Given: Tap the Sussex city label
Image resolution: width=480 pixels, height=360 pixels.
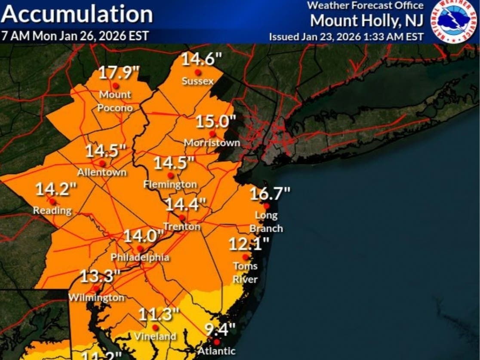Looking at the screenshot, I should (197, 81).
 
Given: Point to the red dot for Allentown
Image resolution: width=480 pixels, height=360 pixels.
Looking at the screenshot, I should (102, 163).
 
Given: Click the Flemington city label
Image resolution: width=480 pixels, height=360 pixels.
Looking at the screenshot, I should (170, 185).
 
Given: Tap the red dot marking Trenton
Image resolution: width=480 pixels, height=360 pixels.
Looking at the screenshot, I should (182, 217).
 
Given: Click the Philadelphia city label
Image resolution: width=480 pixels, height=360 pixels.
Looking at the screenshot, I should (140, 258).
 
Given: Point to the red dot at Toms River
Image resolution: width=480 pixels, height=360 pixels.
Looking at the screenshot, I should (245, 257).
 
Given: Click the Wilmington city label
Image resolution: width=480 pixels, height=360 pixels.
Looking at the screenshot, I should (97, 297).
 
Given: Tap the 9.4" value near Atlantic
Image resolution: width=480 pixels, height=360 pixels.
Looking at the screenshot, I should (220, 330).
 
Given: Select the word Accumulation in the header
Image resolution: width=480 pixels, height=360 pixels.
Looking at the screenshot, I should (77, 15).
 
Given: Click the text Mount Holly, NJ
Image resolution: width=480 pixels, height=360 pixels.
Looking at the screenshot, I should (367, 20).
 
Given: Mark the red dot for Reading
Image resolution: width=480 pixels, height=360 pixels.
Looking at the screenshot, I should (52, 201).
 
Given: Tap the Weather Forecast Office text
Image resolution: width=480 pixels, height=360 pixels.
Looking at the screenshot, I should (365, 6).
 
